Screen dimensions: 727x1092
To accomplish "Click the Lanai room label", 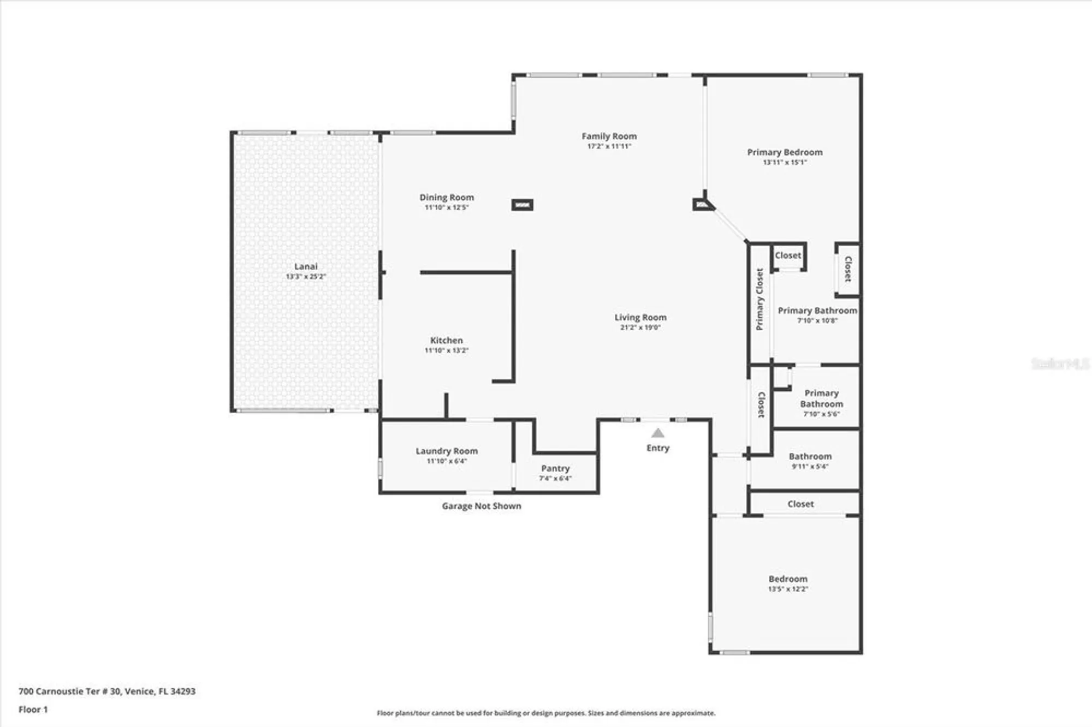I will point(306,267).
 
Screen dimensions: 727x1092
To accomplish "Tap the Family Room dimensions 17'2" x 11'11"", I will point(609,146).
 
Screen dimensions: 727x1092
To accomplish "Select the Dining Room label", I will point(447,198).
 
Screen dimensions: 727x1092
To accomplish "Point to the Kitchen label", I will point(446,341).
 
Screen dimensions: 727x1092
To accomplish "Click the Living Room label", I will point(640,318).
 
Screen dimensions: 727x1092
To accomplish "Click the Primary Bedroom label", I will point(785,152).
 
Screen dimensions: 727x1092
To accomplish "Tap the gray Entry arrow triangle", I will point(658,433).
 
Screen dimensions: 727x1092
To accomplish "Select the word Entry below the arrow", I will point(658,448).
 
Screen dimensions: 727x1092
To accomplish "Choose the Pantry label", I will point(555,469).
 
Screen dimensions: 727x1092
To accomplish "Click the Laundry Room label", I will point(447,451).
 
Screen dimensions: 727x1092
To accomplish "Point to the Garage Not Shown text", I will point(481,506).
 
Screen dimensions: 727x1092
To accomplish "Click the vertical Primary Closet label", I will point(759,299).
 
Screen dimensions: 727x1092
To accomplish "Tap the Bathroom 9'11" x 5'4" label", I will point(810,461).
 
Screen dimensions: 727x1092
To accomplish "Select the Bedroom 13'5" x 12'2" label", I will point(788,583).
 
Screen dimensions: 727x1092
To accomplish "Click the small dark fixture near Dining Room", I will point(523,205).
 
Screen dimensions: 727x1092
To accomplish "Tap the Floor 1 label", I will point(33,710).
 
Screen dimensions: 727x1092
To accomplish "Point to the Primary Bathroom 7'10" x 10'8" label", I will point(817,315).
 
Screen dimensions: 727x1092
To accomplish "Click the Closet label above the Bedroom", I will point(800,504).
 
